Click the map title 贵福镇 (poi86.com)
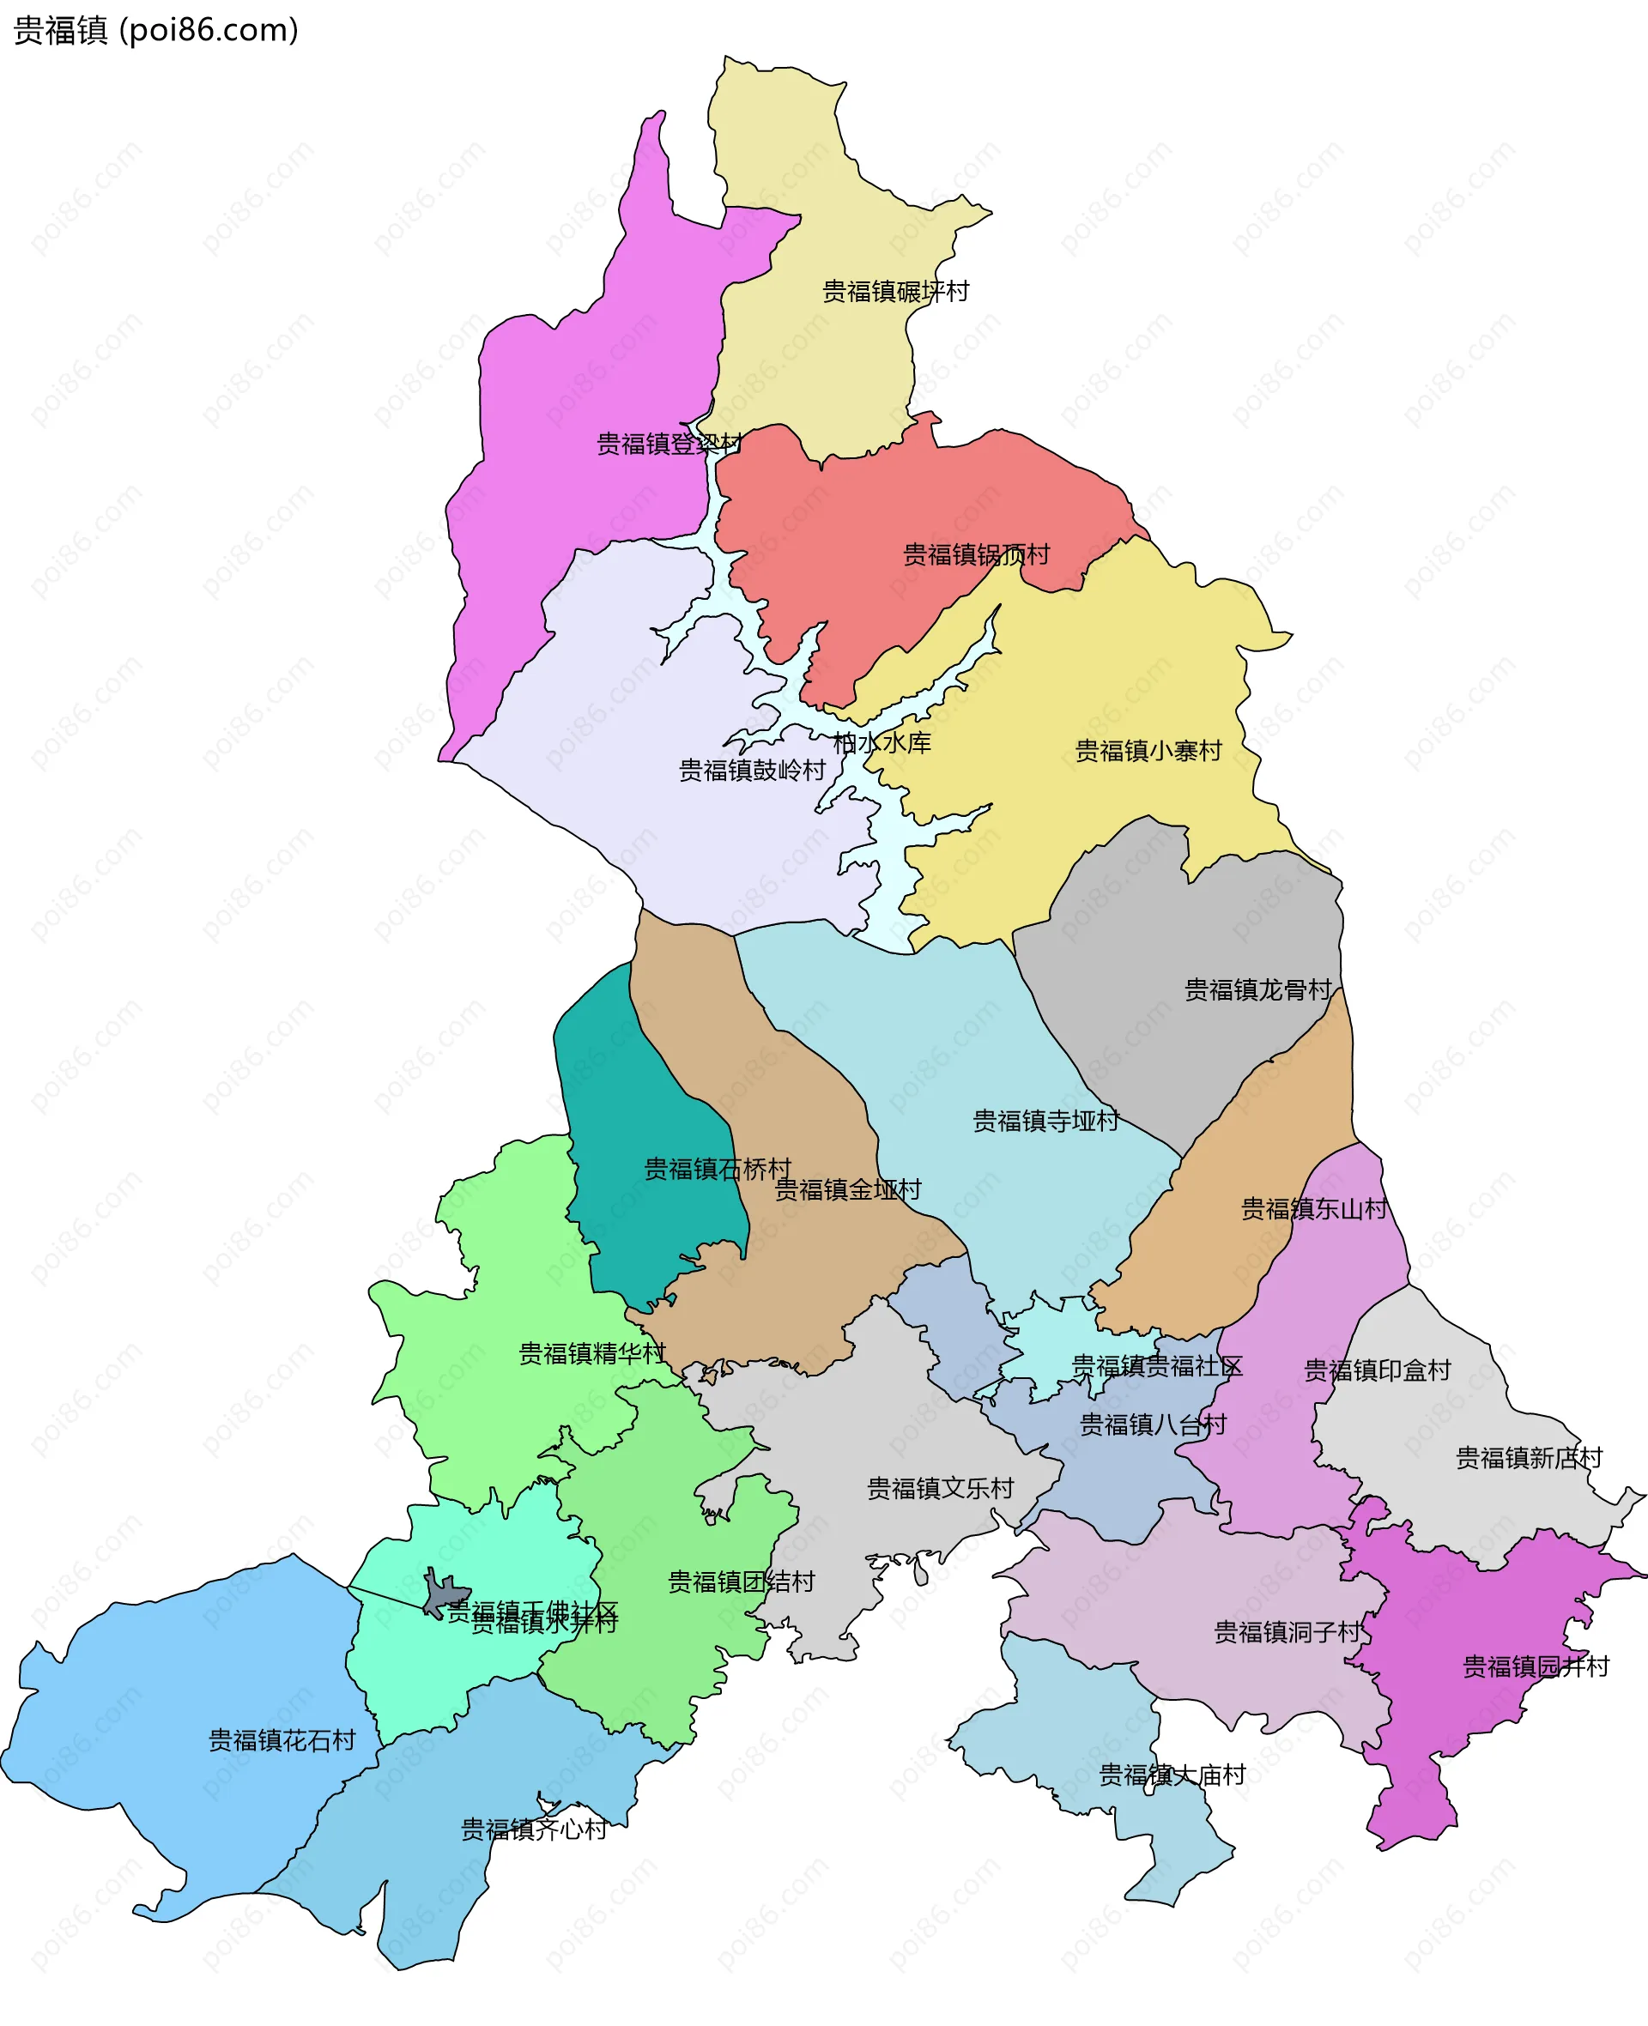point(156,30)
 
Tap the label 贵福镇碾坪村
point(895,291)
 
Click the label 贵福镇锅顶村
point(976,554)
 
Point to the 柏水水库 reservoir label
point(882,742)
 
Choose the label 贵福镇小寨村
point(1148,751)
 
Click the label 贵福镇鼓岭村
point(752,770)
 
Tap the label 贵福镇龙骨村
point(1257,989)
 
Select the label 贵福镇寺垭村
point(1046,1121)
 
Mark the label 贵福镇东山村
point(1314,1209)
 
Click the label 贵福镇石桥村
point(717,1169)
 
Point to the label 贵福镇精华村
point(592,1353)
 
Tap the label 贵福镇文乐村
point(940,1488)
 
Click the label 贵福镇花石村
point(282,1740)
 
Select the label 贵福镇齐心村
point(534,1829)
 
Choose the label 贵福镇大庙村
point(1172,1775)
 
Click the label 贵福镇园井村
point(1535,1666)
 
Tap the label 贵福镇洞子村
point(1287,1632)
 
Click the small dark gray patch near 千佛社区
point(442,1596)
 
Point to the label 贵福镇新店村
point(1529,1458)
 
